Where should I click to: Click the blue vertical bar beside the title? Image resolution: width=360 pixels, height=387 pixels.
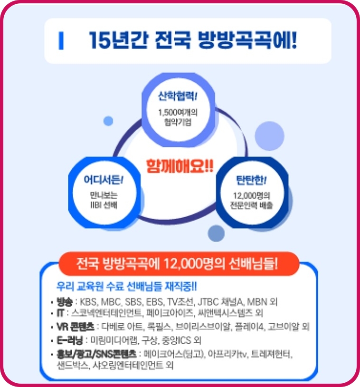(x=61, y=40)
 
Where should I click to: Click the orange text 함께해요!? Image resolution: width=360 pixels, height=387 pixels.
(x=180, y=167)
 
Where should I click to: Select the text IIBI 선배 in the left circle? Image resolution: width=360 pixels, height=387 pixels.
(x=103, y=205)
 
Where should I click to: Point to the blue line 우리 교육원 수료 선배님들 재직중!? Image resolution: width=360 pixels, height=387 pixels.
(x=127, y=287)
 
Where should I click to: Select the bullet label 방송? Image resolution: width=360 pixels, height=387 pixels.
(x=64, y=302)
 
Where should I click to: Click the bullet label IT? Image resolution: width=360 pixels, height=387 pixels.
(x=60, y=313)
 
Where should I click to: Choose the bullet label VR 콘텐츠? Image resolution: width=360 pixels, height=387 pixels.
(x=75, y=327)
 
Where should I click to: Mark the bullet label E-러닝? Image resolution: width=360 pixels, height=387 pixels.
(x=69, y=340)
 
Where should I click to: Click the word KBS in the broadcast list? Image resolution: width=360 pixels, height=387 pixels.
(x=89, y=302)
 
